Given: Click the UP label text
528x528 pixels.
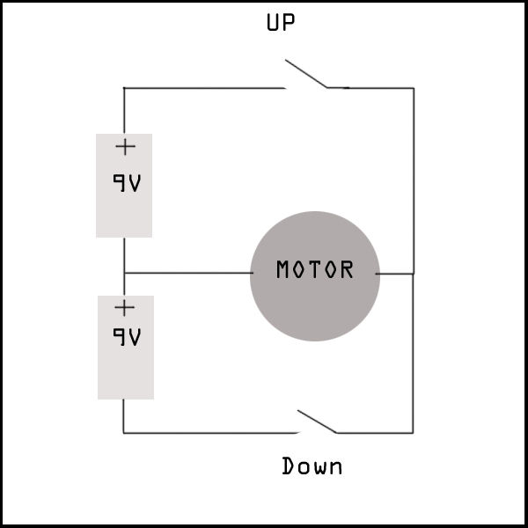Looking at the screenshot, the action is (x=281, y=22).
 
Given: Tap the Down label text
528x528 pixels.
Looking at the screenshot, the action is (x=312, y=466).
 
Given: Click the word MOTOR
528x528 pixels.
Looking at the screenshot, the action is (x=315, y=269).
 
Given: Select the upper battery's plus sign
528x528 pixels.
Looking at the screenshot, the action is (x=125, y=147).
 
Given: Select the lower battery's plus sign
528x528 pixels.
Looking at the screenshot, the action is (x=125, y=308).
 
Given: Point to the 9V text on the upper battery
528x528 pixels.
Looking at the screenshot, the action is (x=127, y=183).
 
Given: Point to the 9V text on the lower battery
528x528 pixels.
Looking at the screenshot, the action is (x=127, y=337).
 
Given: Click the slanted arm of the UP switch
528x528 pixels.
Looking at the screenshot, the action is (x=305, y=74).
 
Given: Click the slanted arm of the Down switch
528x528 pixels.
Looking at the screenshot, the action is (x=317, y=422).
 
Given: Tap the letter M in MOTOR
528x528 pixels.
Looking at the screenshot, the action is (x=282, y=269).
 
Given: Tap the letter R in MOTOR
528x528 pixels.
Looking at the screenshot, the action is (x=348, y=269).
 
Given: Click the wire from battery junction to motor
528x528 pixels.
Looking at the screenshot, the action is (x=188, y=273).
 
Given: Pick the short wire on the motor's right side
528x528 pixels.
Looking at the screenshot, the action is (x=394, y=274).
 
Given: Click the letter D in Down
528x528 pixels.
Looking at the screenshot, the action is (x=288, y=466).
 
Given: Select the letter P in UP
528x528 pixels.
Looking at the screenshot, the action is (x=289, y=22).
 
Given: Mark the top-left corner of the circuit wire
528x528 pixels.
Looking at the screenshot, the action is (x=124, y=88).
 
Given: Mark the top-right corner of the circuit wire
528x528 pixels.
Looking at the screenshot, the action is (x=414, y=88).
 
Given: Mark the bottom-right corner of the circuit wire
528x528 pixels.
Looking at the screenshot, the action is (x=414, y=433).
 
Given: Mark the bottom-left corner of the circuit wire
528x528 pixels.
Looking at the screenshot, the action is (x=123, y=433).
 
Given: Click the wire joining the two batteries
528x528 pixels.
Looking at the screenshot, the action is (x=124, y=267).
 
